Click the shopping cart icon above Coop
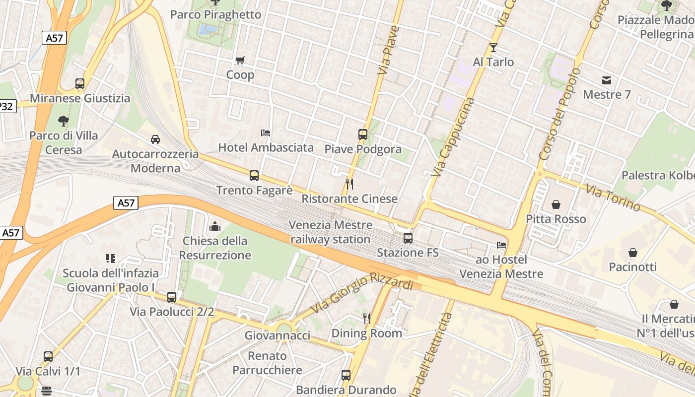click(x=240, y=61)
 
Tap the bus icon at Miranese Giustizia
click(x=80, y=84)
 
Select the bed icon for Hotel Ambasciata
click(x=266, y=133)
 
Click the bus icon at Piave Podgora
click(x=363, y=134)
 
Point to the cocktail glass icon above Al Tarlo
click(x=493, y=48)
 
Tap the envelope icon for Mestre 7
click(x=606, y=80)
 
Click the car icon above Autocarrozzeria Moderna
click(x=155, y=139)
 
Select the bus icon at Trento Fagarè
click(x=254, y=176)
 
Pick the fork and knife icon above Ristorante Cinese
click(x=349, y=184)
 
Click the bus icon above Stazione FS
click(x=408, y=238)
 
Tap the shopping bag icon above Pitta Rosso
click(x=556, y=204)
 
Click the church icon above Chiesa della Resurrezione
click(x=215, y=226)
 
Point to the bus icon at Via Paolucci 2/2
click(x=172, y=297)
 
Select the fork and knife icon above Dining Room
click(x=367, y=319)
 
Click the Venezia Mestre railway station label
click(x=331, y=232)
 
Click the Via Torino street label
click(x=613, y=198)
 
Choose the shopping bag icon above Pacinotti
click(x=632, y=253)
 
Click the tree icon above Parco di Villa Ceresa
click(x=63, y=121)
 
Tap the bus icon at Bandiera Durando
click(x=346, y=375)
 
